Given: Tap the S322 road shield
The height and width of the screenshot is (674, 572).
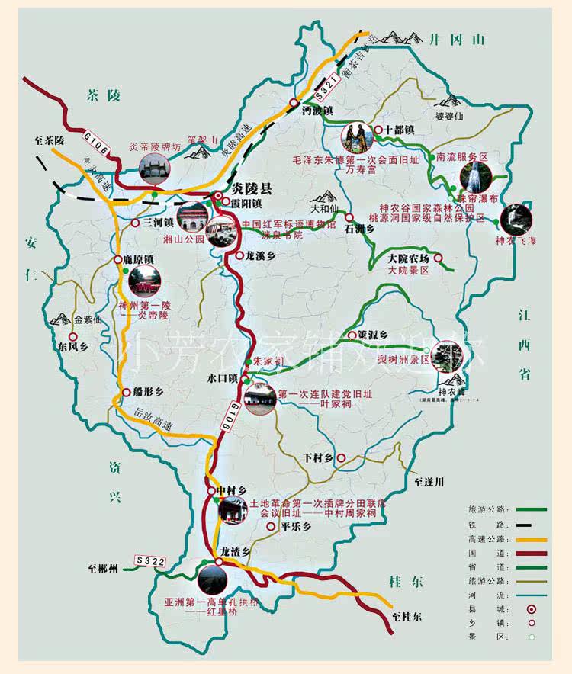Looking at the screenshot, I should pos(150,561).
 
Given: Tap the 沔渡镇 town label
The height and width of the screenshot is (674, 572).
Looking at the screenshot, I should pos(317,111).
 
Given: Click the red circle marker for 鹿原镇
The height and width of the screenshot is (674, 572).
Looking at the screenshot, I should pos(118,260).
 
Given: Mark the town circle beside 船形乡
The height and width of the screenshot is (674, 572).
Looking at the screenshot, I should pos(126,392).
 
